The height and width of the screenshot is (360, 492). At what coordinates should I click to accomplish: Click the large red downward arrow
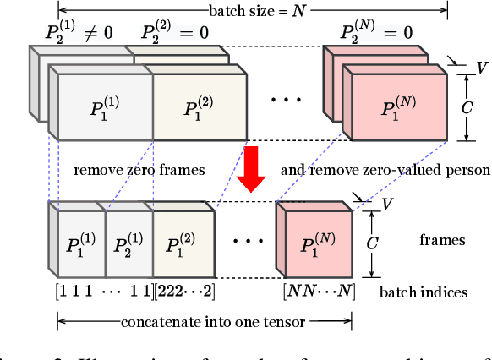tap(252, 166)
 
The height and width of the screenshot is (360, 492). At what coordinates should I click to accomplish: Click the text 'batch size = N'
tap(249, 11)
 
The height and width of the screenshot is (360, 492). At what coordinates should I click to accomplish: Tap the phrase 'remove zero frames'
tap(139, 170)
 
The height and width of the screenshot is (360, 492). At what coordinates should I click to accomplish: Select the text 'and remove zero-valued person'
tap(385, 170)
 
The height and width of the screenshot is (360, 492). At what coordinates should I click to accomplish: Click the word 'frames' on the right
tap(442, 240)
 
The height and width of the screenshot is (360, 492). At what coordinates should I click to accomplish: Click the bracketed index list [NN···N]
tap(320, 292)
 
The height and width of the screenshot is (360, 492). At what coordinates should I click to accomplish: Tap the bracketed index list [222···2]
tap(183, 292)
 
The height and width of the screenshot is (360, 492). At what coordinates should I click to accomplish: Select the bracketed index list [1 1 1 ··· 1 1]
tap(104, 292)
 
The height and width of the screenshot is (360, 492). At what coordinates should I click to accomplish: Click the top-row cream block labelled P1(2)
tap(200, 106)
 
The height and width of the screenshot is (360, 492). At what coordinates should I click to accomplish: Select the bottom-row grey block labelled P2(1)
tap(128, 248)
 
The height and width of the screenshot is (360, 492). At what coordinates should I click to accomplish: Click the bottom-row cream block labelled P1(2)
tap(183, 248)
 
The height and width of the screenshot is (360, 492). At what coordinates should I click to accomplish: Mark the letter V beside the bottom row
tap(387, 204)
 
